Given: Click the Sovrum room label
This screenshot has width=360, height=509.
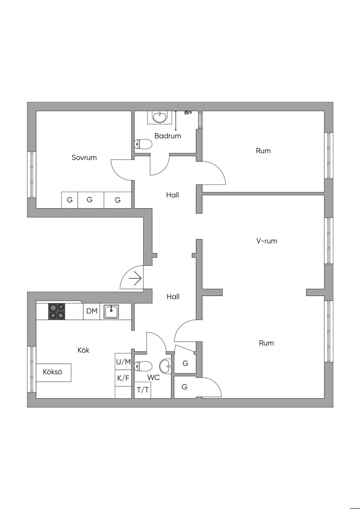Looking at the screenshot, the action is [84, 157].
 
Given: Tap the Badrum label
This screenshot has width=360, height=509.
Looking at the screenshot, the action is [168, 136].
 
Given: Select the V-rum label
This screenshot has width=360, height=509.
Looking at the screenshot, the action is [266, 241].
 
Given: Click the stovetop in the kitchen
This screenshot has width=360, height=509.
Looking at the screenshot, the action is [57, 311].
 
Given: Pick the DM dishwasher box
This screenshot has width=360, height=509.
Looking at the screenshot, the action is [92, 311].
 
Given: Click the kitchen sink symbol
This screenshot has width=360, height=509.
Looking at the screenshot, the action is [111, 311].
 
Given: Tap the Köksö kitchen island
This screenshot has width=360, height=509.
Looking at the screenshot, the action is [53, 372].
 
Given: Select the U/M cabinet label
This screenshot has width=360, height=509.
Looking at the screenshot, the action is [123, 362].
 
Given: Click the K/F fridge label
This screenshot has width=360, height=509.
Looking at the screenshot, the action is [123, 378].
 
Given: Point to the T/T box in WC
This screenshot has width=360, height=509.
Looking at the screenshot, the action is [142, 390].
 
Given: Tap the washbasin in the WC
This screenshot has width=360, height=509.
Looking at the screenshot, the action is [165, 366].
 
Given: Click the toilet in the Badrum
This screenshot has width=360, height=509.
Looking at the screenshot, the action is [143, 144].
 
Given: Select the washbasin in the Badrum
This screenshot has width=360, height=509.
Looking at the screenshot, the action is [160, 117].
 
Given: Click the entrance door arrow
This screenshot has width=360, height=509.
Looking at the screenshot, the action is [135, 279].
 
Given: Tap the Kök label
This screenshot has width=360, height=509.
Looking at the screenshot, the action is [83, 350].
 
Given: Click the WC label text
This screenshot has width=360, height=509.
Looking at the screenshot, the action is [154, 378].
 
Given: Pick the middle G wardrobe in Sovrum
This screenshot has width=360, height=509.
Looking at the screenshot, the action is [90, 200].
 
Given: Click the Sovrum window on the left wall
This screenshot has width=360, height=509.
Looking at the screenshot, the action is [32, 174].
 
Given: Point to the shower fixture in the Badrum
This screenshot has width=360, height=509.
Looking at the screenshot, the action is [188, 112].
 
